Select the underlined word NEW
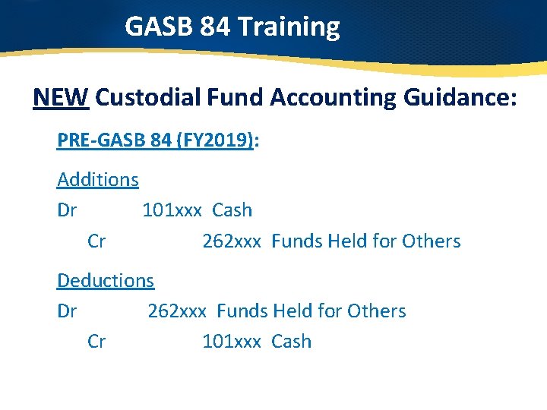click(62, 98)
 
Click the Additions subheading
click(98, 180)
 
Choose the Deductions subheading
click(106, 280)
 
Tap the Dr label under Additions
click(67, 210)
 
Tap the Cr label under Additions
click(96, 241)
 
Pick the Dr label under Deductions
click(67, 311)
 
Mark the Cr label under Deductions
click(96, 342)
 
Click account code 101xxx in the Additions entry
click(172, 210)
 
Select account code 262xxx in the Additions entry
click(232, 241)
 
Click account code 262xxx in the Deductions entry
click(177, 311)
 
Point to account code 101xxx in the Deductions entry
click(232, 342)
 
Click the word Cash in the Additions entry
click(232, 210)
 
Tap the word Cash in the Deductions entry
click(291, 342)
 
